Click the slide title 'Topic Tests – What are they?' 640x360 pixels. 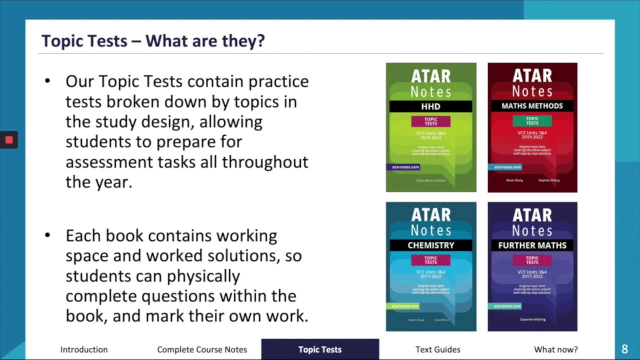tap(152, 40)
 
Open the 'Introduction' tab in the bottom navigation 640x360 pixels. tap(84, 349)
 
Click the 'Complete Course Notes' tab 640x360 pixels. tap(202, 349)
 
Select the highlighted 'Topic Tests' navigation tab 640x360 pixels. tap(320, 349)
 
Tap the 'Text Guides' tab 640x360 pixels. tap(437, 349)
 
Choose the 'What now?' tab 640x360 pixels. tap(555, 349)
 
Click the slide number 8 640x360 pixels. tap(624, 349)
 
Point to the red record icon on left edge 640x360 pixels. tap(8, 140)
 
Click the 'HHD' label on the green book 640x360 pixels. tap(430, 106)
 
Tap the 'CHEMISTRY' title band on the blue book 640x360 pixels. tap(430, 245)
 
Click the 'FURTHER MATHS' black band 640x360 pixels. tap(532, 245)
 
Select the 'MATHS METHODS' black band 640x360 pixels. tap(532, 106)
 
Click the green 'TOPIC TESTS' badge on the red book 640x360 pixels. tap(532, 120)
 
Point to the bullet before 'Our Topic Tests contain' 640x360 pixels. tap(47, 81)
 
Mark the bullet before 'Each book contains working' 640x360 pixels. tap(47, 235)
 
